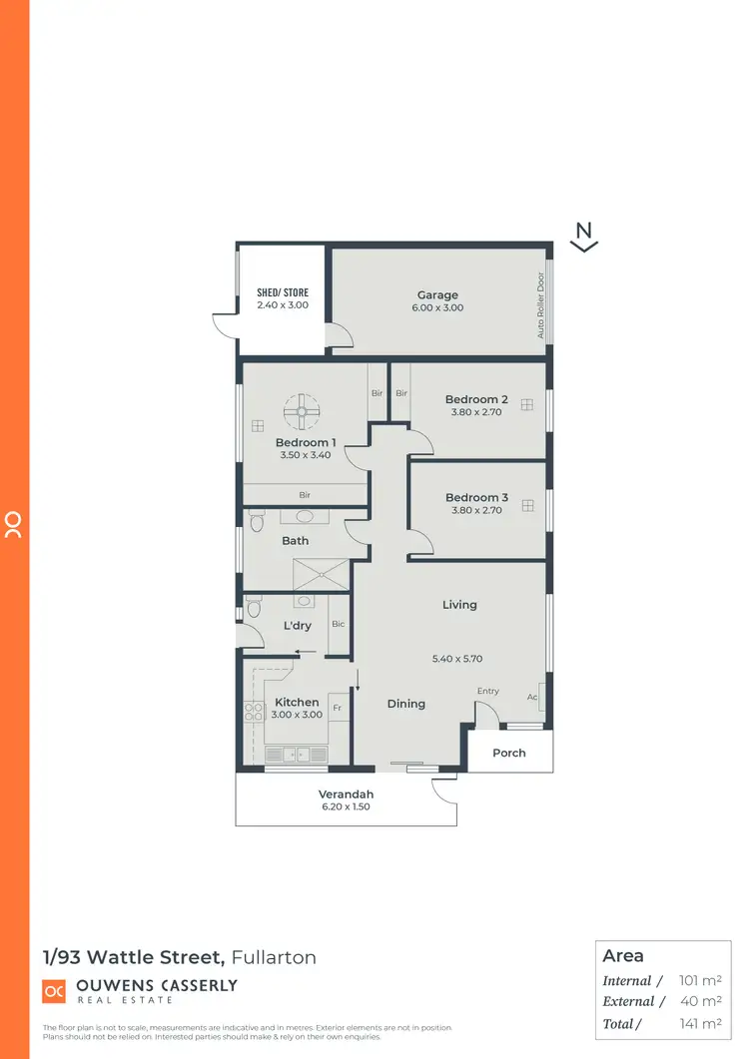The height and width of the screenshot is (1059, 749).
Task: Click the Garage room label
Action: click(437, 294)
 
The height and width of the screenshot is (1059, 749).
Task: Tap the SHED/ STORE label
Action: click(283, 292)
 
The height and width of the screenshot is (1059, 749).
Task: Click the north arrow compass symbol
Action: click(584, 236)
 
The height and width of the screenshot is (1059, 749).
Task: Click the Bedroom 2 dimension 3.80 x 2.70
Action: click(476, 412)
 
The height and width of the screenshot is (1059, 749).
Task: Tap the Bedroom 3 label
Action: click(476, 497)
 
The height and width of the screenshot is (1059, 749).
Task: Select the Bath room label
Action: click(295, 541)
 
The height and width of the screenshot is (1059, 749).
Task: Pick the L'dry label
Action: click(298, 626)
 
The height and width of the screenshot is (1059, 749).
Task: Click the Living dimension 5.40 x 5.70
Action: click(457, 659)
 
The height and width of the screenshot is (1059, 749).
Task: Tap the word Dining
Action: click(406, 704)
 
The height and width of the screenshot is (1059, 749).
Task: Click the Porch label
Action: click(509, 753)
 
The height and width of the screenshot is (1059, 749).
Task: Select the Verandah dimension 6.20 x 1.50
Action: click(345, 807)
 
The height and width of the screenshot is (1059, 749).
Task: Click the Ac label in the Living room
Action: click(532, 697)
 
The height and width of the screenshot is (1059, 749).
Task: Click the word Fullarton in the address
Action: click(274, 957)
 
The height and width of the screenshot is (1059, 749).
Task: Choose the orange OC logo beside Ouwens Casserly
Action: click(54, 991)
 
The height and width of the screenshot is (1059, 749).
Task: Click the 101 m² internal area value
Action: click(698, 980)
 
